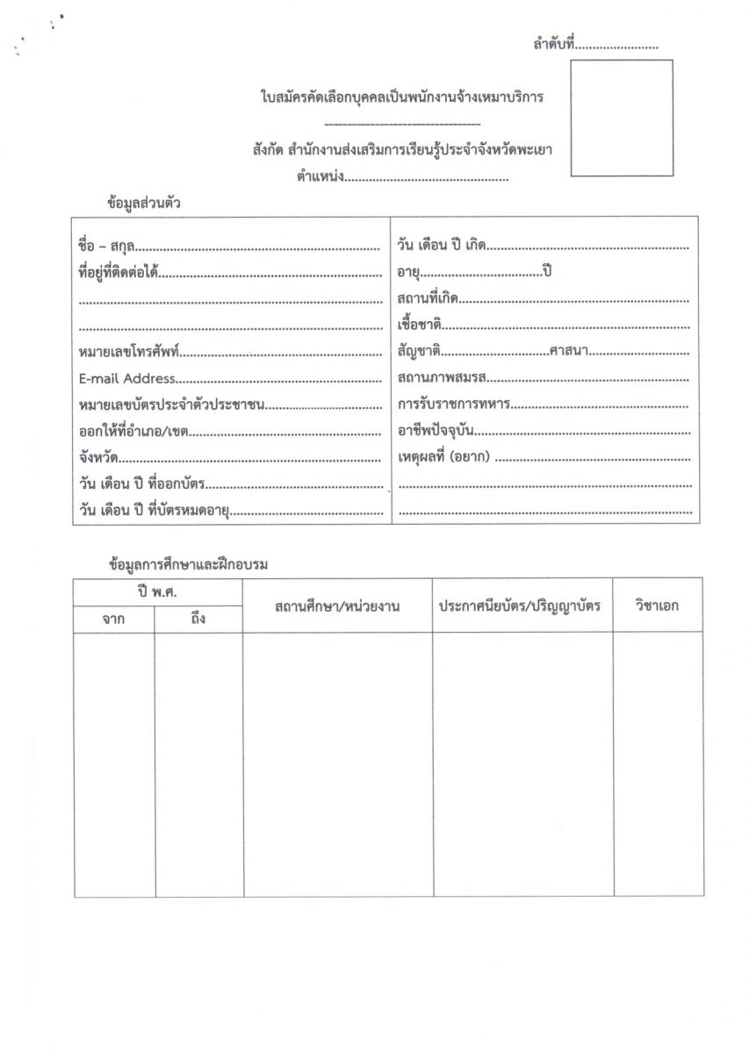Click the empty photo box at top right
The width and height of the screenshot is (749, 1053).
pyautogui.click(x=621, y=118)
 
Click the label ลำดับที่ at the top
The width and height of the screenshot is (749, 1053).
pyautogui.click(x=553, y=43)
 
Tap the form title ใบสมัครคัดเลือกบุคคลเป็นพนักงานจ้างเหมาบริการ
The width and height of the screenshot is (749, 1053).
pyautogui.click(x=401, y=97)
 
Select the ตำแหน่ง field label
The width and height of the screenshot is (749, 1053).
pyautogui.click(x=320, y=178)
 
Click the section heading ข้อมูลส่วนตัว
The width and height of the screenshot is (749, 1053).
pyautogui.click(x=144, y=203)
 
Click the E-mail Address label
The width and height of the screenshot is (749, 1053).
pyautogui.click(x=126, y=379)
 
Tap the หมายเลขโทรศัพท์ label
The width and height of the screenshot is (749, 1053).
pyautogui.click(x=128, y=353)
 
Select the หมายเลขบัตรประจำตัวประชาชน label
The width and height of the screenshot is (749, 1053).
pyautogui.click(x=171, y=405)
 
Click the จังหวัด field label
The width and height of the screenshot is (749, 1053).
pyautogui.click(x=98, y=458)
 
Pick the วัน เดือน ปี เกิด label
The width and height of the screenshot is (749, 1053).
pyautogui.click(x=442, y=247)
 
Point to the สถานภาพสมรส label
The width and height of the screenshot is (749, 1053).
pyautogui.click(x=442, y=378)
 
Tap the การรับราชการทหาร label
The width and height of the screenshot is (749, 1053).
pyautogui.click(x=453, y=405)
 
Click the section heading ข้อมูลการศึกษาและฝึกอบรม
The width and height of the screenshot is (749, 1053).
pyautogui.click(x=188, y=565)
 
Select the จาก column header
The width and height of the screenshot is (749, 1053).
pyautogui.click(x=113, y=619)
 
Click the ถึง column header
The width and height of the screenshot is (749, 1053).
pyautogui.click(x=198, y=619)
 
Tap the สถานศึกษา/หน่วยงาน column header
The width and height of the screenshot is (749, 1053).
pyautogui.click(x=337, y=605)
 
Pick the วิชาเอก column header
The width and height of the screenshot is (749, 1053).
pyautogui.click(x=658, y=605)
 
